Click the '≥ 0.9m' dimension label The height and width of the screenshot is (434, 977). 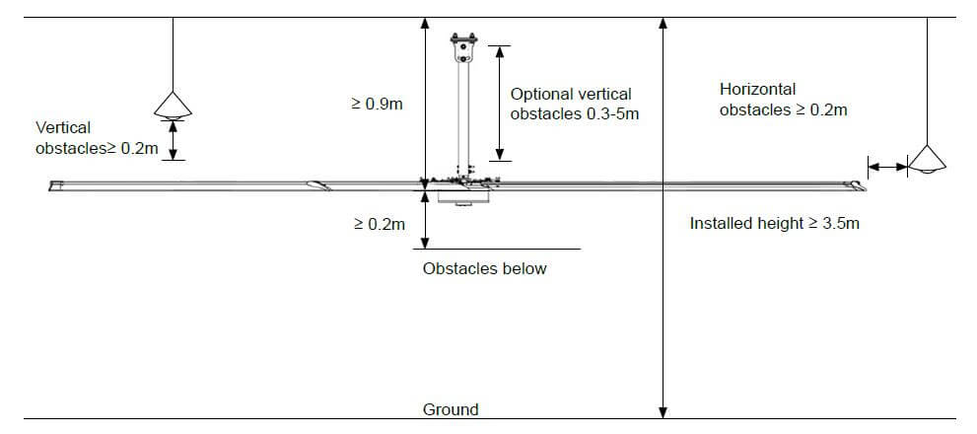(x=377, y=104)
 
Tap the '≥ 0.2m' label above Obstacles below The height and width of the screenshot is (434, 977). (x=379, y=224)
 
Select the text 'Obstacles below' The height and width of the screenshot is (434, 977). (x=484, y=268)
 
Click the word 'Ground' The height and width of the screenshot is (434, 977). (x=451, y=409)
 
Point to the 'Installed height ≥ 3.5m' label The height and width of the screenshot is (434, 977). (x=774, y=223)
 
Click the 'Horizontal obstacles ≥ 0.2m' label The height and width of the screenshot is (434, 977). (x=783, y=100)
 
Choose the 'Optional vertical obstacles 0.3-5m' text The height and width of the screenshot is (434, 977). (x=572, y=104)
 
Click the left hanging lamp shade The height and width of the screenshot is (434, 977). (x=174, y=105)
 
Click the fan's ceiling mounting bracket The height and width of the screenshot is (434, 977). (x=462, y=47)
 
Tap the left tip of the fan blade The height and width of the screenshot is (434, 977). (x=56, y=184)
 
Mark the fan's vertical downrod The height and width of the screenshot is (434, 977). (x=462, y=118)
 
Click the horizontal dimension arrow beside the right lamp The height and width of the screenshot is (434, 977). (x=887, y=168)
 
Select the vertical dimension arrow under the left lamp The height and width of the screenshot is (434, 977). (x=174, y=140)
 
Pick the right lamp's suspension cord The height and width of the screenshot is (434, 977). (x=927, y=79)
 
